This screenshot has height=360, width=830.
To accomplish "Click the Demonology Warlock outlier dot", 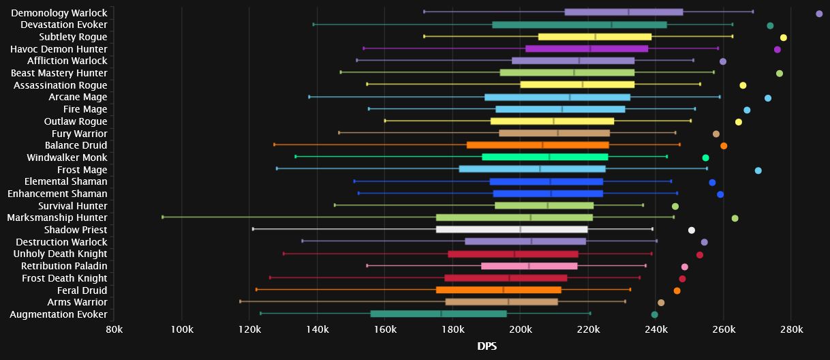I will [819, 13].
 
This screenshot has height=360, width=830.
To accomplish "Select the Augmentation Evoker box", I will [438, 314].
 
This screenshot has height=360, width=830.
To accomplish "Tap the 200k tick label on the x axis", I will [520, 331].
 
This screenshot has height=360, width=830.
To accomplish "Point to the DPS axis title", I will [487, 346].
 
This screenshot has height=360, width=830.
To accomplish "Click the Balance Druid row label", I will [76, 145].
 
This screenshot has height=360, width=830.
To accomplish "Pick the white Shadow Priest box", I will [512, 229].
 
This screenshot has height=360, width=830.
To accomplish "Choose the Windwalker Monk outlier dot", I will [705, 158].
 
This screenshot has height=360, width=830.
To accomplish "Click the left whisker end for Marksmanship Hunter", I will [162, 217].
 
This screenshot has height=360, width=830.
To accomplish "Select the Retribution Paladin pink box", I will [529, 266].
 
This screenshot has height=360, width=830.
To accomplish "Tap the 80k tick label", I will [114, 331].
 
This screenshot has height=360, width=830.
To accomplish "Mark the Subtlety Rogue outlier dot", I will [784, 37].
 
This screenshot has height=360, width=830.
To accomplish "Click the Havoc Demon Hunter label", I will [59, 49].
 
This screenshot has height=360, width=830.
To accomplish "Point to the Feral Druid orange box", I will [499, 290].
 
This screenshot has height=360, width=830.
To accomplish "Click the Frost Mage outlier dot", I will [758, 170].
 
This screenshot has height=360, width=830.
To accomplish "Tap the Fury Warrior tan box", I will [554, 133].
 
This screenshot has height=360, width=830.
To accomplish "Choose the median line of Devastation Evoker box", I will [612, 25].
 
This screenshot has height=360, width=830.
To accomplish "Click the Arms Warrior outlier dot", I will [660, 303].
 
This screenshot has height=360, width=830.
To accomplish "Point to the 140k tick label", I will [317, 331].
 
